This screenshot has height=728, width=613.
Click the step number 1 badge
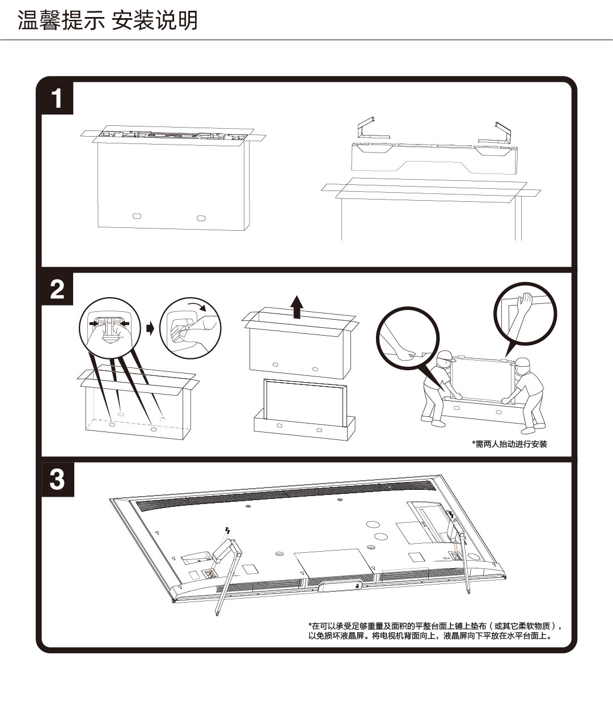(57, 99)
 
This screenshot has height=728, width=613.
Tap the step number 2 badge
(57, 290)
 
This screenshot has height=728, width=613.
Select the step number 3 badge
(57, 480)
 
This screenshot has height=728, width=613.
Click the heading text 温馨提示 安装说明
(107, 20)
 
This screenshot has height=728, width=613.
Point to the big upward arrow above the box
(296, 307)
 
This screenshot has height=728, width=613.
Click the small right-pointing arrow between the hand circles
(150, 328)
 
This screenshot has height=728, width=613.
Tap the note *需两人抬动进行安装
(509, 444)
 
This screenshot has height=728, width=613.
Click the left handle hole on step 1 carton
(136, 216)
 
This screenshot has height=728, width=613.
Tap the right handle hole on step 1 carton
(201, 218)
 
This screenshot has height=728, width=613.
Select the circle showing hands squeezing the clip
(109, 327)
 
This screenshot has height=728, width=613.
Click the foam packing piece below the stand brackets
(434, 156)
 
